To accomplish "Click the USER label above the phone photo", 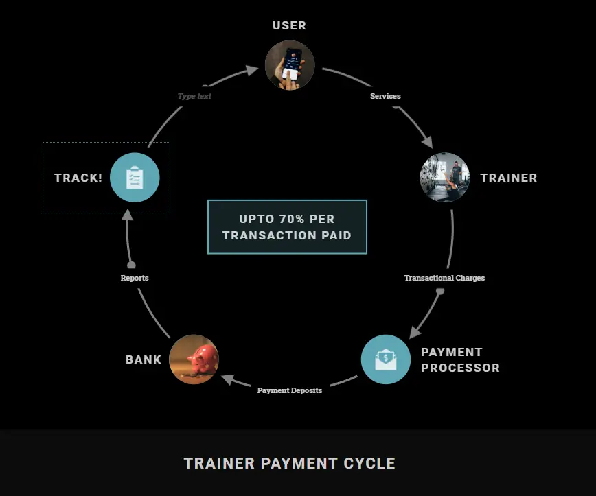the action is click(x=289, y=25).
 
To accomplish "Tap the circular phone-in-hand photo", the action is click(x=290, y=66).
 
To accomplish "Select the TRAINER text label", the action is click(x=508, y=178).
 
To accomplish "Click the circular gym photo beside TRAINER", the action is click(x=445, y=178).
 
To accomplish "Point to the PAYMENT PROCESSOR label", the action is click(x=460, y=359).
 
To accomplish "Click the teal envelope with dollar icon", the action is click(x=386, y=359).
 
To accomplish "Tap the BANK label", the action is click(x=144, y=359).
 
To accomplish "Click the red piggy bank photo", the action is click(x=194, y=359).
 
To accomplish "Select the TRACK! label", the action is click(x=78, y=178).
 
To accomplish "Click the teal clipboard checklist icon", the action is click(x=135, y=178).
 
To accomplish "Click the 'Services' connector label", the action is click(x=385, y=96).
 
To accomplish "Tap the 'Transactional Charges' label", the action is click(x=444, y=278).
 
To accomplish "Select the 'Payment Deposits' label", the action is click(x=289, y=390).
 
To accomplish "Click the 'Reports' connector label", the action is click(x=135, y=278).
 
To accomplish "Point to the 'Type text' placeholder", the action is click(x=194, y=96).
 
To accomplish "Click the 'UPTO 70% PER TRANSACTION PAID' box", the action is click(x=287, y=227).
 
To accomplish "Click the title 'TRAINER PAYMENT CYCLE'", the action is click(x=289, y=463).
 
